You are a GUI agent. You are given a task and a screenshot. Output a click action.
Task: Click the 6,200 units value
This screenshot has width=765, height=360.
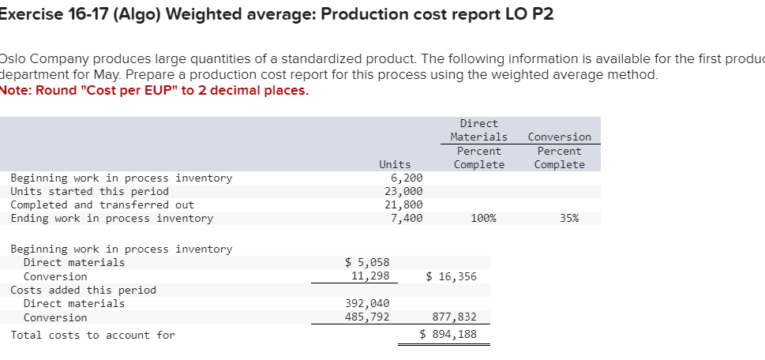(407, 178)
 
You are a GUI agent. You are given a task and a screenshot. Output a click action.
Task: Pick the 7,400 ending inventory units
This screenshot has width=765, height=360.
(407, 218)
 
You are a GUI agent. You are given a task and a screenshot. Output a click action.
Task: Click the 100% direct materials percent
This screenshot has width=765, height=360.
(483, 218)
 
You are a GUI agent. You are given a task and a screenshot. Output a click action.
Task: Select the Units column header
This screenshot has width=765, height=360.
(395, 164)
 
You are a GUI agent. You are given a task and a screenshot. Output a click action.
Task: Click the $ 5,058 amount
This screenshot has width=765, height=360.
(368, 262)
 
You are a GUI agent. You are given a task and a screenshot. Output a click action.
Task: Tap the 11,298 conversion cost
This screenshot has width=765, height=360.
(370, 276)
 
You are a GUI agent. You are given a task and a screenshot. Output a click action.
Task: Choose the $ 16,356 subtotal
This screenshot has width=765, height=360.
(451, 276)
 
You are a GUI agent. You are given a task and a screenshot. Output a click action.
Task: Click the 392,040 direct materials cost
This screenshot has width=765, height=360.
(367, 303)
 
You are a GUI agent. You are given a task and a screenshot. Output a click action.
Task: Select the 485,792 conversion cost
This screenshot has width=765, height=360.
(367, 317)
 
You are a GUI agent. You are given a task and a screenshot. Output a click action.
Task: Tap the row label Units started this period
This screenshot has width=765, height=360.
(89, 191)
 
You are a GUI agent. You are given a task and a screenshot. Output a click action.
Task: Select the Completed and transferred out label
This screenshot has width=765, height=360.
(102, 204)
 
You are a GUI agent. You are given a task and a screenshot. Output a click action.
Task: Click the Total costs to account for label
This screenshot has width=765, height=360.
(92, 335)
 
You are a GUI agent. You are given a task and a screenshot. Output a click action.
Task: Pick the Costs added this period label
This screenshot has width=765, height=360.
(83, 290)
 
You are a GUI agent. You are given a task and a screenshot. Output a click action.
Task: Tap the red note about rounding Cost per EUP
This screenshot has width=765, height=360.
(155, 89)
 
